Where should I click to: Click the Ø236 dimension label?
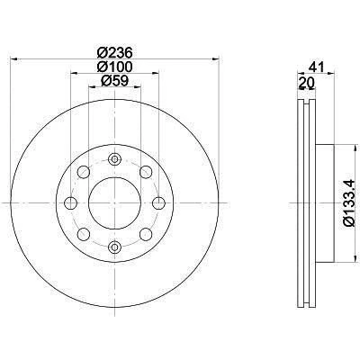click(x=114, y=53)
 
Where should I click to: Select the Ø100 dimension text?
click(x=114, y=67)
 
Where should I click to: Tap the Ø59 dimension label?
click(x=114, y=81)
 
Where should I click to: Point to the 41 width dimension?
click(x=316, y=67)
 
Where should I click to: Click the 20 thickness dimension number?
click(x=306, y=82)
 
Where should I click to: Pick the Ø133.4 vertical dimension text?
click(x=350, y=203)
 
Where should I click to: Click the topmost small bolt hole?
click(x=114, y=159)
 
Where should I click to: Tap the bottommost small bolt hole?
click(x=114, y=247)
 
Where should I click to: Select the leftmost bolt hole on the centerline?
click(x=70, y=203)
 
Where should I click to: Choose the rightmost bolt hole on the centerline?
click(x=158, y=203)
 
